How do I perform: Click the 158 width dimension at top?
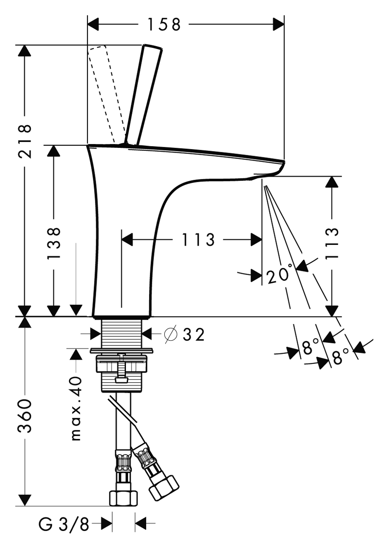[x=164, y=24]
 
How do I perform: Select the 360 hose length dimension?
[x=25, y=416]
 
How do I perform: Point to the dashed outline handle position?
[x=105, y=93]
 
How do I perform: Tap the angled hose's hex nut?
[x=164, y=486]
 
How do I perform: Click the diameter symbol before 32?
[x=171, y=334]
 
